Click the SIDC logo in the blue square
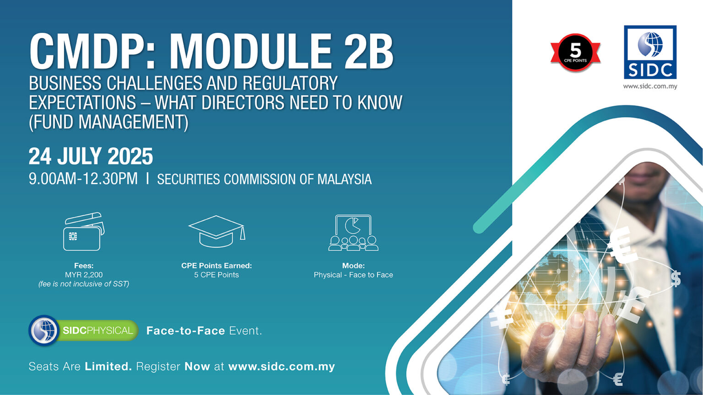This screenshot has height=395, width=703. [650, 52]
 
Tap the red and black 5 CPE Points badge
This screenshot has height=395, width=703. [575, 52]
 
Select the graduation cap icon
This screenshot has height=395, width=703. [216, 231]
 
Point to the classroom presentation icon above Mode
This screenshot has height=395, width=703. [353, 232]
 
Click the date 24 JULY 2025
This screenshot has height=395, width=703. [91, 156]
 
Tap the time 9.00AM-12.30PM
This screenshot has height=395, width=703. [83, 178]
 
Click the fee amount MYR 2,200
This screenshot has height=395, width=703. [84, 275]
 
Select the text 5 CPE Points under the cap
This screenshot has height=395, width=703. [216, 275]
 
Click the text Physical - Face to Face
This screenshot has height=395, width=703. [353, 275]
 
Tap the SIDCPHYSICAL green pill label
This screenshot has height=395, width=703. [97, 331]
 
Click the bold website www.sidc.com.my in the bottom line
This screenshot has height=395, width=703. [281, 366]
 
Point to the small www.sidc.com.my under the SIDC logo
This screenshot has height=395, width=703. [650, 86]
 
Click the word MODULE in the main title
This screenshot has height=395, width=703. [250, 51]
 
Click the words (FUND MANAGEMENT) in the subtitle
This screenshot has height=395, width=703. [108, 122]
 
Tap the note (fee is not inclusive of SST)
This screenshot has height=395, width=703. [84, 284]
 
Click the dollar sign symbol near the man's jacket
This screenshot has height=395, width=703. [676, 278]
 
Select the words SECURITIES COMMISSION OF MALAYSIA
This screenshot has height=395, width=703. [264, 179]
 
